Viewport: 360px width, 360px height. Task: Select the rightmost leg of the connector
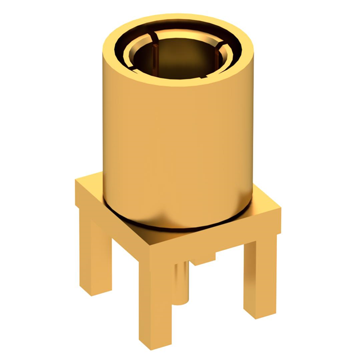[x=259, y=276]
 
